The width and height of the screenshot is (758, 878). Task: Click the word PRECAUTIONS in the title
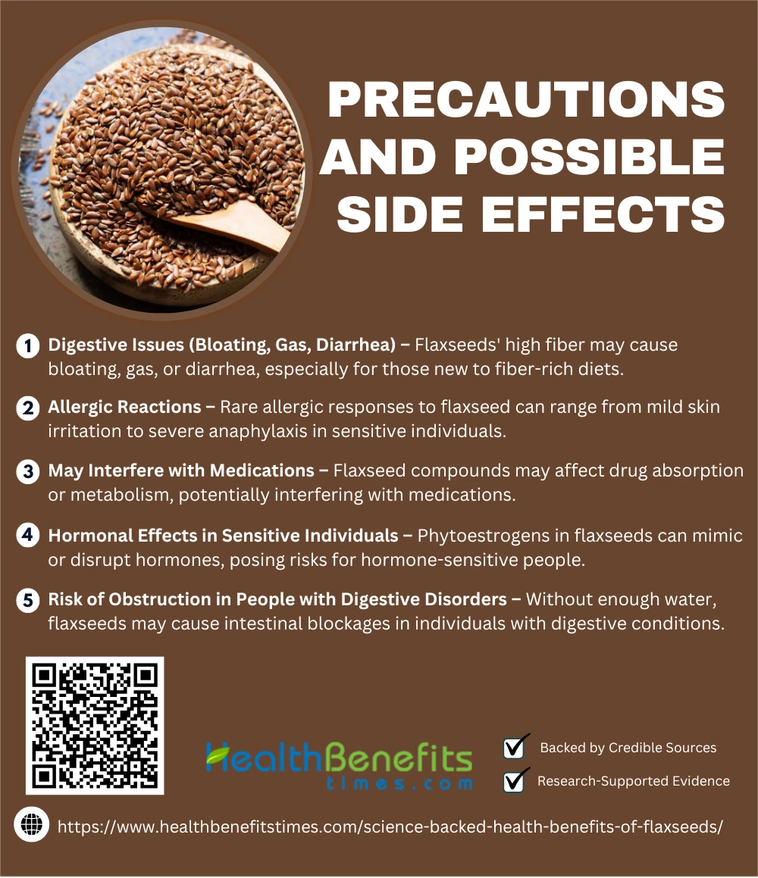(526, 99)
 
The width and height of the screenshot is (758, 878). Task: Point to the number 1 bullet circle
(28, 346)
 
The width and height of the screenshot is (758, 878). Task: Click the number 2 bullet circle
(28, 408)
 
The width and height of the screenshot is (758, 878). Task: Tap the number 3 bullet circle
(28, 471)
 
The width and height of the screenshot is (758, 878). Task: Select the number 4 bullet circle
(28, 536)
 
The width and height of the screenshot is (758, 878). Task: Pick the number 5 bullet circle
(28, 601)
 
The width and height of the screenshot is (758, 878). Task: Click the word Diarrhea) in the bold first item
(356, 345)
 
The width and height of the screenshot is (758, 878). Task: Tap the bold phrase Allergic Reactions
(124, 407)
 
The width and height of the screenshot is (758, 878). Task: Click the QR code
(95, 726)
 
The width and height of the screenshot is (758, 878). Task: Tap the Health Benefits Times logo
(340, 765)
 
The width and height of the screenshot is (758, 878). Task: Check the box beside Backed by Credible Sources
(514, 748)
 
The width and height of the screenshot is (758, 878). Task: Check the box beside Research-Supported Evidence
(514, 781)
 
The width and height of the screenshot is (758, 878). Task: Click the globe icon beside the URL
(31, 825)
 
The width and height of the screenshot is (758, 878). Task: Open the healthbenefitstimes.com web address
(390, 827)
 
